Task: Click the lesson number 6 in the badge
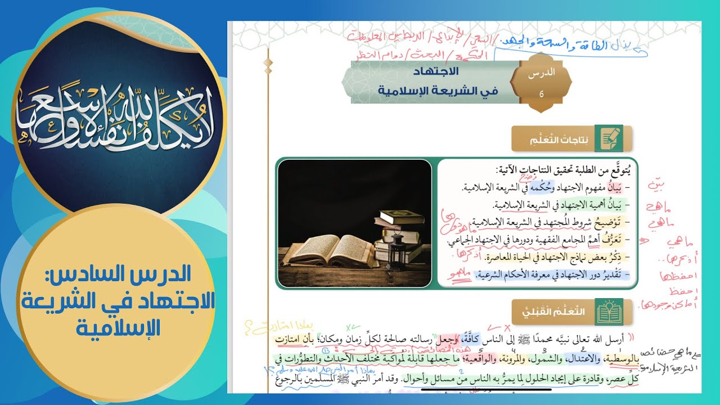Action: [x=541, y=94]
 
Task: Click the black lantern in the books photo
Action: [x=397, y=247]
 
